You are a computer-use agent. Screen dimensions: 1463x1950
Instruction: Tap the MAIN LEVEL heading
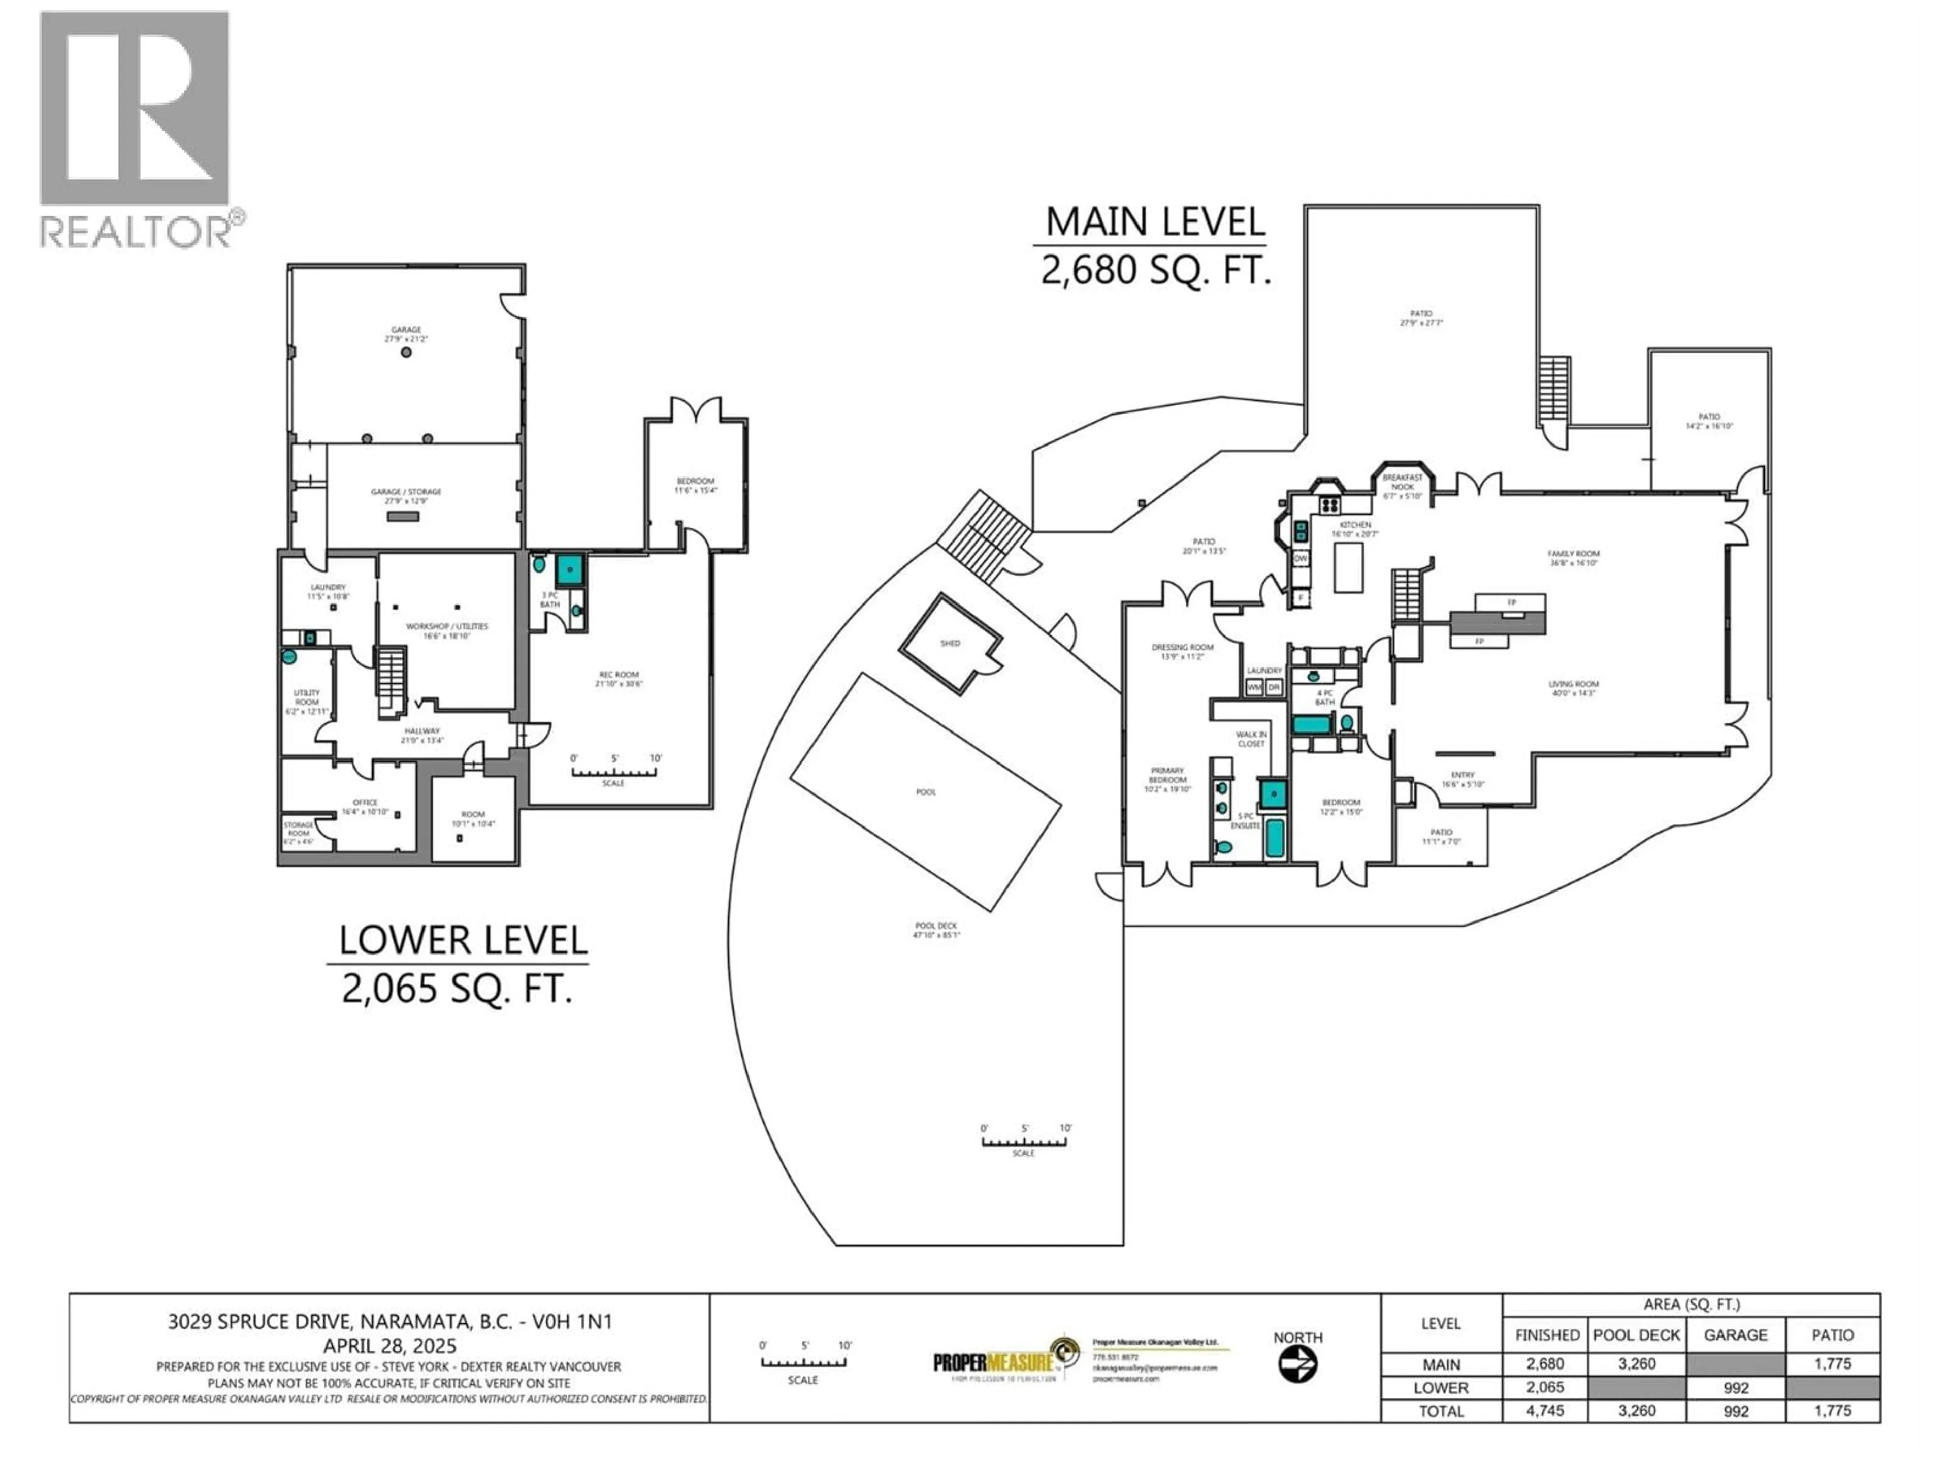coord(1155,222)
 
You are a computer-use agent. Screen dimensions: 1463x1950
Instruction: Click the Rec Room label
coord(619,678)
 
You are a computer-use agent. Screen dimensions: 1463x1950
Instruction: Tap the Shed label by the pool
coord(950,643)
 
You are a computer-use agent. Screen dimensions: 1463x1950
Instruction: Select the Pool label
coord(926,792)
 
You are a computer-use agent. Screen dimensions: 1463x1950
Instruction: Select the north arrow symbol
coord(1297,1365)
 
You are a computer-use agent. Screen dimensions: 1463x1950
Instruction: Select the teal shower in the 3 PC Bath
coord(570,569)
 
